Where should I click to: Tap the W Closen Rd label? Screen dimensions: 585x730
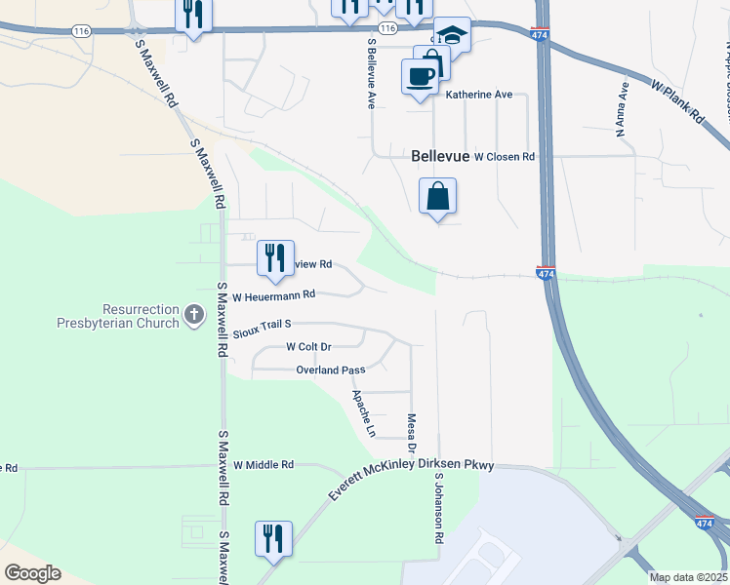pos(505,156)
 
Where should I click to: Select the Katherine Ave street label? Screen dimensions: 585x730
pos(479,96)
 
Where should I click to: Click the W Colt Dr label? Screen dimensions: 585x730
pos(309,346)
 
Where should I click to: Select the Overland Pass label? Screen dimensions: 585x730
pos(330,370)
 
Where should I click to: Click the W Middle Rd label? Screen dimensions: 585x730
pos(264,465)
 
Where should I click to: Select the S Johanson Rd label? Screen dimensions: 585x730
pos(440,509)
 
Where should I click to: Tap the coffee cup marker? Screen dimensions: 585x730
pos(420,75)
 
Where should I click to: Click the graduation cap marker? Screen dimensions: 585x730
pos(452,36)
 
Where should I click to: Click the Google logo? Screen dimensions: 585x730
pos(32,573)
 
